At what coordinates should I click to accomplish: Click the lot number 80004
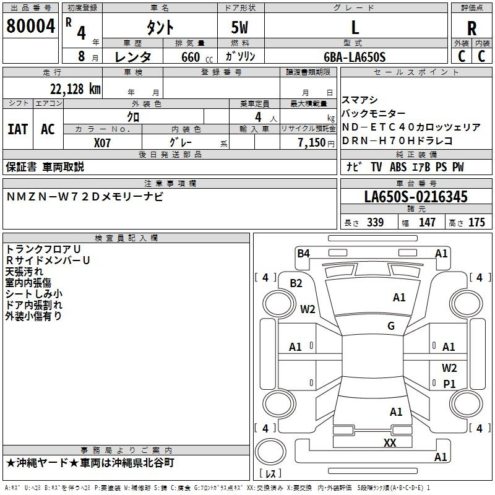(30, 26)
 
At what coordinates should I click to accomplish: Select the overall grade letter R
(471, 28)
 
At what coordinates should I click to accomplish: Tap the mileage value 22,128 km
(75, 89)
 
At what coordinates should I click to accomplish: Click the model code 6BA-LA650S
(355, 57)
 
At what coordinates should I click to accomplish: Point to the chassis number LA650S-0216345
(416, 197)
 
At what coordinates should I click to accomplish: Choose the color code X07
(102, 143)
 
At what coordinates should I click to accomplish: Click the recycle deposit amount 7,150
(312, 143)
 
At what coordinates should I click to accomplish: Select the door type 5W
(239, 28)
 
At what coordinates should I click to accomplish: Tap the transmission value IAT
(17, 129)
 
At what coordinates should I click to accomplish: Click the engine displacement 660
(191, 57)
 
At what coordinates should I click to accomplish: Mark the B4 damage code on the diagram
(303, 254)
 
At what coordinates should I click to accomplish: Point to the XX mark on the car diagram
(390, 442)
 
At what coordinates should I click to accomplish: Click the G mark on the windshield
(391, 326)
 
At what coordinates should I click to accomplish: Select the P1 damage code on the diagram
(449, 384)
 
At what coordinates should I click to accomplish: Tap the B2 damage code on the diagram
(296, 283)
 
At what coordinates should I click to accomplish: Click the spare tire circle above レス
(270, 452)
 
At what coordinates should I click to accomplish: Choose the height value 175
(476, 222)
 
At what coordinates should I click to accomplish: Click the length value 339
(375, 222)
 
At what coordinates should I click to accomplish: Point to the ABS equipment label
(398, 167)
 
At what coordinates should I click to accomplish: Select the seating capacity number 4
(258, 117)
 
